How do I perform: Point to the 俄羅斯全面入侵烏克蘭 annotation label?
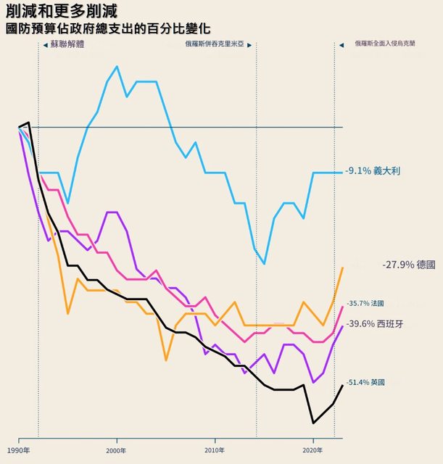[395, 43]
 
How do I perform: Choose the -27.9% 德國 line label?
[408, 265]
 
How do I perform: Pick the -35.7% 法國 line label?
[365, 303]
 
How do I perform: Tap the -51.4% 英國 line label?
[366, 382]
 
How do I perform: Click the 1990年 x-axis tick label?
[18, 450]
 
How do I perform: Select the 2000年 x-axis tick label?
[117, 450]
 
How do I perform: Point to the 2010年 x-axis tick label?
[215, 450]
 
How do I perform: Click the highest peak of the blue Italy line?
[117, 66]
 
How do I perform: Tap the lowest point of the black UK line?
[313, 423]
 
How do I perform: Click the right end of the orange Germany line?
[342, 268]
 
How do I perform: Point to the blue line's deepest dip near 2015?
[265, 264]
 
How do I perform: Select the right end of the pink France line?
[342, 307]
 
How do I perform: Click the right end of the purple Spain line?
[342, 326]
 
